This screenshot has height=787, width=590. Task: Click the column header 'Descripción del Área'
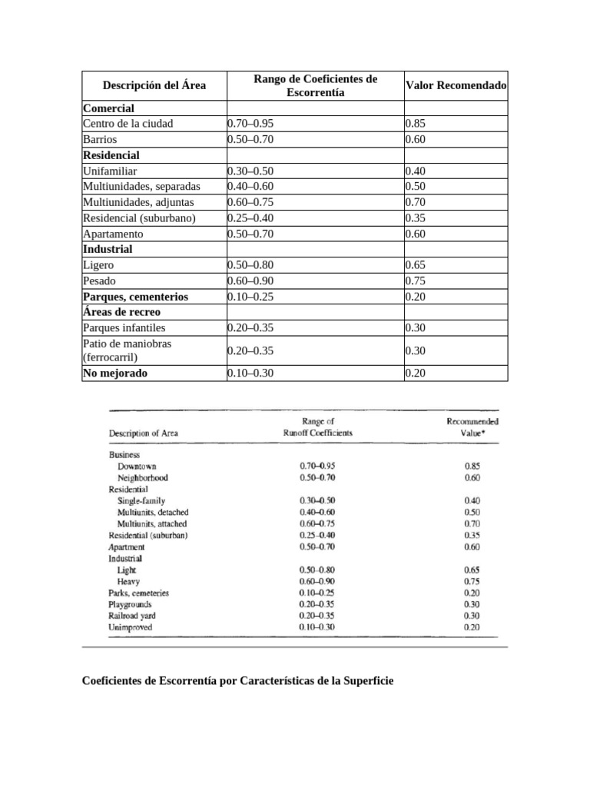[x=154, y=85]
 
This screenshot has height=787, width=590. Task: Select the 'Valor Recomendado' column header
[x=456, y=85]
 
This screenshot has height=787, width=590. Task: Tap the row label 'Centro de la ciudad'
[x=128, y=124]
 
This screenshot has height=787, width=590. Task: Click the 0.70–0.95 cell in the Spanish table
[x=250, y=124]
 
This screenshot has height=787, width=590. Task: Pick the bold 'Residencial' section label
[x=111, y=155]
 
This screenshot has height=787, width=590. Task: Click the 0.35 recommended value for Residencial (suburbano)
[x=415, y=218]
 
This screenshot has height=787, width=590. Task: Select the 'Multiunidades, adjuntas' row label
[x=138, y=202]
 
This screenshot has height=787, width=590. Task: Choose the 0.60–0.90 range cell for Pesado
[x=250, y=281]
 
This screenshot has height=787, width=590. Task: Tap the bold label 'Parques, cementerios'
[x=135, y=297]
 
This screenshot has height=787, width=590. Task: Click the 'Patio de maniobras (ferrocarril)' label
[x=127, y=350]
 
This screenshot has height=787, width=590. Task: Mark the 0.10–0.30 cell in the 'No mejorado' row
[x=250, y=374]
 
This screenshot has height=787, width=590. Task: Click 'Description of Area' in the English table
[x=144, y=433]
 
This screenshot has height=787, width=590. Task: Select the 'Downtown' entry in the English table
[x=138, y=467]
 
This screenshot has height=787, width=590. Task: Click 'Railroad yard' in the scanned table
[x=131, y=616]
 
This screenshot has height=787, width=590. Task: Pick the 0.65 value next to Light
[x=472, y=570]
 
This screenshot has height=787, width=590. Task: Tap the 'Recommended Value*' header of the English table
[x=472, y=427]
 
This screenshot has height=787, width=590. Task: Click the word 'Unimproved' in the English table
[x=131, y=627]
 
